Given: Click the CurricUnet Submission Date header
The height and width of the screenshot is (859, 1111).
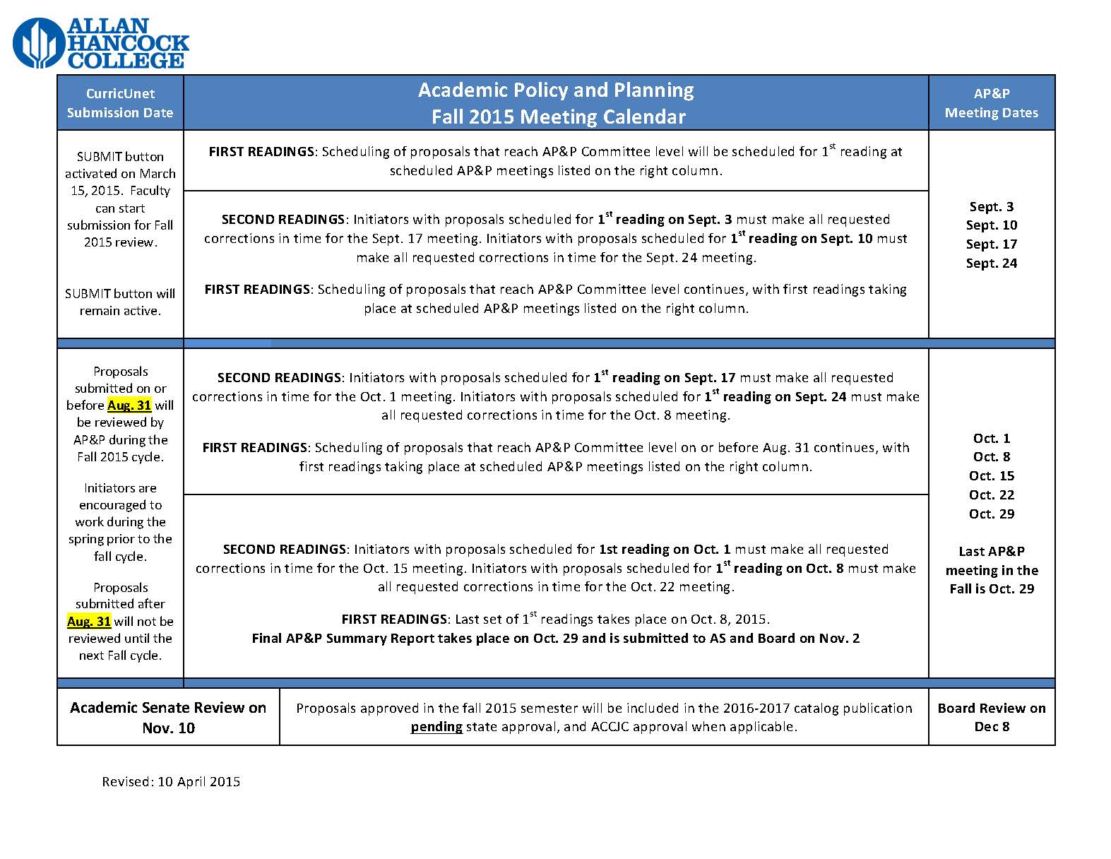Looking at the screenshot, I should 120,103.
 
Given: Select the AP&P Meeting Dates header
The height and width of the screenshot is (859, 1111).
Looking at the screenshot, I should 991,103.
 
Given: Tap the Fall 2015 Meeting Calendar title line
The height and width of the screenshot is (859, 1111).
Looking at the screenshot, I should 558,117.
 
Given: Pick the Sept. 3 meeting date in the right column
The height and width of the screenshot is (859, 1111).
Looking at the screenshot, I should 991,206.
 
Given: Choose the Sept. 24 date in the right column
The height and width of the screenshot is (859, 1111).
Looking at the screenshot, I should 991,263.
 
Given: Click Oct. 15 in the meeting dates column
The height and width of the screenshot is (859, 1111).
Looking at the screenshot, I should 991,475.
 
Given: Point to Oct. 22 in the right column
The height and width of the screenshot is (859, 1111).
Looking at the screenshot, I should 991,494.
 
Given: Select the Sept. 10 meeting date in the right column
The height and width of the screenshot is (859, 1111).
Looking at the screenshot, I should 991,225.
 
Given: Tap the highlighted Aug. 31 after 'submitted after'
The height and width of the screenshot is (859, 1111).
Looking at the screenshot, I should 89,621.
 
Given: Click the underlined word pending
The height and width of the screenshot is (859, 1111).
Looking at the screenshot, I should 436,726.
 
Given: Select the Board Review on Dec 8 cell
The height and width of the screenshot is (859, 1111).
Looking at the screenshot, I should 991,717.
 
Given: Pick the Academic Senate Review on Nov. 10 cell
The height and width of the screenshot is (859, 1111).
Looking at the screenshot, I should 168,717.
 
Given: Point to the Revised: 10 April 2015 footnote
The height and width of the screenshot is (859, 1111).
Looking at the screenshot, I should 171,781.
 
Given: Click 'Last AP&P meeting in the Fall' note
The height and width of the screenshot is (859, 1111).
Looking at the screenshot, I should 991,570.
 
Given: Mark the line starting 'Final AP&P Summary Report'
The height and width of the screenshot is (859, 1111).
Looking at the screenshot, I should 555,638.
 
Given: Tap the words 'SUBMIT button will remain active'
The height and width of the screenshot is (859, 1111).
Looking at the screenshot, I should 120,302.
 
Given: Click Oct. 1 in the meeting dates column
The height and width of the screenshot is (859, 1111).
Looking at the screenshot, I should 991,438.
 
